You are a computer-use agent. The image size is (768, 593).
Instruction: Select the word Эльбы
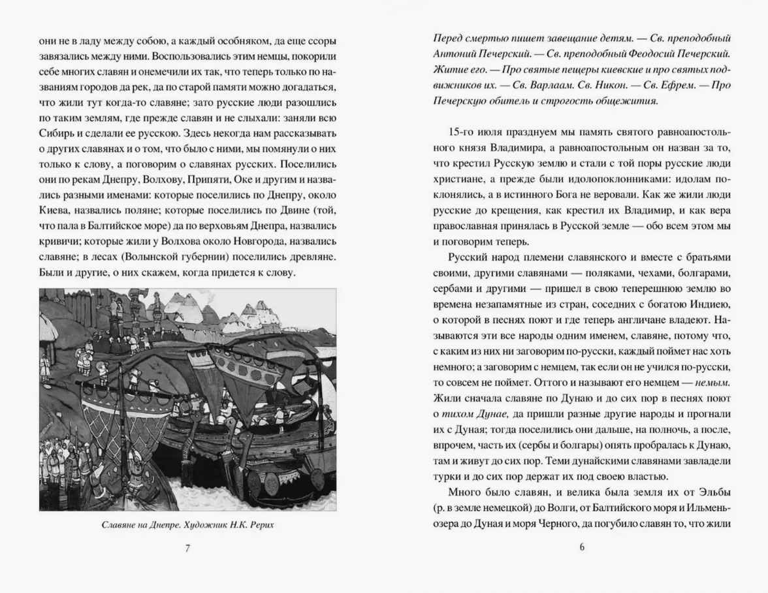[x=714, y=490]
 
